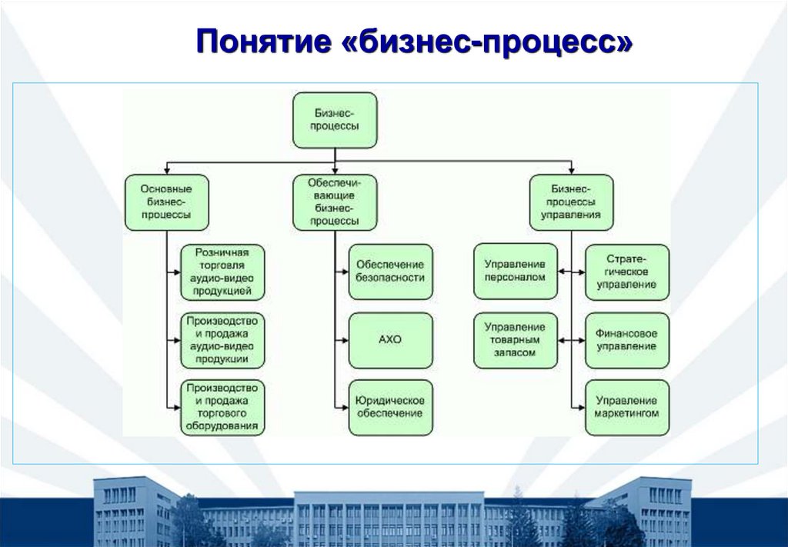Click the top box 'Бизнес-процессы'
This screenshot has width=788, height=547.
click(x=335, y=120)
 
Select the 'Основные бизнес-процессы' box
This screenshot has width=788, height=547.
click(x=166, y=202)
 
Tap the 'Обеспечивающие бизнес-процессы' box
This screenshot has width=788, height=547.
click(x=335, y=202)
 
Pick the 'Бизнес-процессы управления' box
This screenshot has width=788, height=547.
click(x=571, y=202)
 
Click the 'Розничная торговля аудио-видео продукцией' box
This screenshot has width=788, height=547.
click(x=222, y=272)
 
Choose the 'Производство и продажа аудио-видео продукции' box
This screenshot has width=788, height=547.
click(x=222, y=340)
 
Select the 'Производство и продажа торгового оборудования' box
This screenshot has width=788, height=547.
click(x=222, y=407)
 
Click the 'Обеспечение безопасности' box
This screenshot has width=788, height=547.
click(x=390, y=272)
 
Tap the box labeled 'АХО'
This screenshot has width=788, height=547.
click(x=390, y=340)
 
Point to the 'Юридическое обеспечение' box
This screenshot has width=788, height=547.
click(x=390, y=407)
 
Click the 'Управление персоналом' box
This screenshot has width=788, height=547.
click(x=516, y=272)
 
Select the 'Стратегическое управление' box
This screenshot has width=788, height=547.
click(x=627, y=272)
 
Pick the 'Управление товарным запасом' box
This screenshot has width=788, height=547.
click(x=516, y=340)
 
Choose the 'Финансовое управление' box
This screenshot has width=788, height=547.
click(x=627, y=340)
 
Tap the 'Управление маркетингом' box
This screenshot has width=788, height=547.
click(x=627, y=407)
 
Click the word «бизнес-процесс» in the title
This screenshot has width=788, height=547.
click(x=486, y=41)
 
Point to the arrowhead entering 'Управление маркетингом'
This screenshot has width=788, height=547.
click(x=581, y=407)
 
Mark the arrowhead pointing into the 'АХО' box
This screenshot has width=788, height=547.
click(x=344, y=340)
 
